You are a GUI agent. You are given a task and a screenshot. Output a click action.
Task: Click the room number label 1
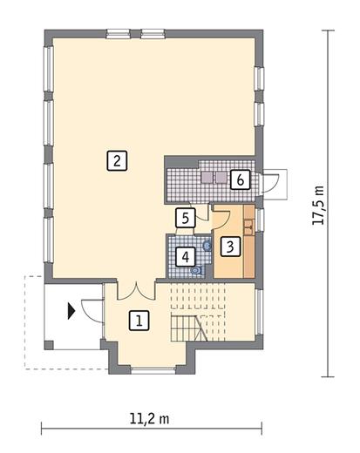point(139,321)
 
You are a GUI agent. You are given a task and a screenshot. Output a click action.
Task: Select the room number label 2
point(117,160)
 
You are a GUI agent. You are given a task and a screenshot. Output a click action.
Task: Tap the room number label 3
point(230,247)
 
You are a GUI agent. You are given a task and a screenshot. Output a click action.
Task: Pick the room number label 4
point(186,256)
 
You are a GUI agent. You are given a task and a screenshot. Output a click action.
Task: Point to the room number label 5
point(186,218)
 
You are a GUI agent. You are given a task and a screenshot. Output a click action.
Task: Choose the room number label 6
point(240,179)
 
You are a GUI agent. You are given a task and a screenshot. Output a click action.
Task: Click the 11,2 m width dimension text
point(149,419)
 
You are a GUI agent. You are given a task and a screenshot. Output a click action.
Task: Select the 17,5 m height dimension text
point(318,206)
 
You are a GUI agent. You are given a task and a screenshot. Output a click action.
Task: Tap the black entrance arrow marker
point(71,311)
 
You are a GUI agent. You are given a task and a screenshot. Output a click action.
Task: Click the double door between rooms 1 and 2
point(136,291)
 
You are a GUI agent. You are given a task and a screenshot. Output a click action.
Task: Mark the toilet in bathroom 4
point(197,271)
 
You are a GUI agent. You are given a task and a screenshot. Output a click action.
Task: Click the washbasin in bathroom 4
point(207,247)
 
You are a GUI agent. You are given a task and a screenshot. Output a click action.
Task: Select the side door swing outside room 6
point(271,183)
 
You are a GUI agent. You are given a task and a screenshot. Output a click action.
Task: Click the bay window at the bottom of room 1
point(153,370)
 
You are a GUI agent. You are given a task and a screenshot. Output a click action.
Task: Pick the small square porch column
point(49,345)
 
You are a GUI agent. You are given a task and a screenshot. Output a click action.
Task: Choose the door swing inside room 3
point(221,220)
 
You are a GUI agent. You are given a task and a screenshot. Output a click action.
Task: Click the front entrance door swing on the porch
point(92,311)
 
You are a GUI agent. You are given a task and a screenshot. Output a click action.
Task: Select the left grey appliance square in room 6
point(207,178)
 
